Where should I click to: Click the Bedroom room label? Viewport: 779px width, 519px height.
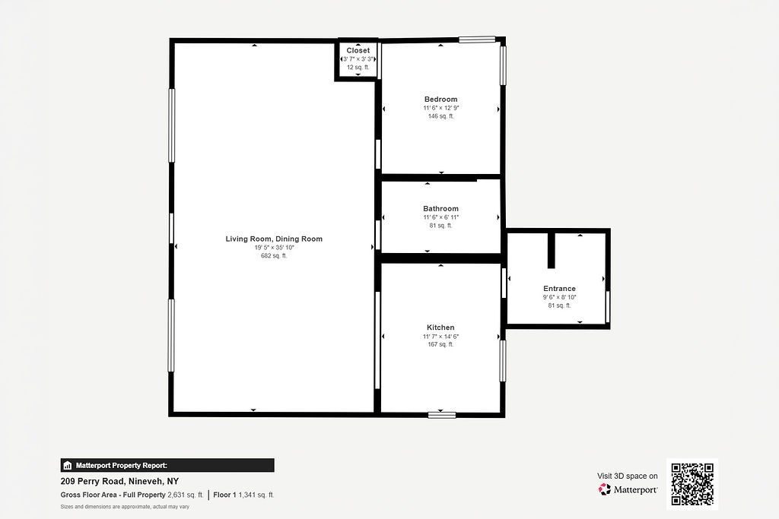440,100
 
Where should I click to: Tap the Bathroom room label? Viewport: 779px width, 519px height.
440,209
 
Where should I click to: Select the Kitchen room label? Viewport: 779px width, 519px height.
440,328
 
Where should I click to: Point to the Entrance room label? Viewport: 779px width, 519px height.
559,289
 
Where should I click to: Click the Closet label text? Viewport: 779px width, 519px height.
358,50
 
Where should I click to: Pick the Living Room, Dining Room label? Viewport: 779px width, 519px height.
274,239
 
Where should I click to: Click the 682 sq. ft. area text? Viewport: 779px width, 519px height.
274,256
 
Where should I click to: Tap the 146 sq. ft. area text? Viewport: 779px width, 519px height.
440,116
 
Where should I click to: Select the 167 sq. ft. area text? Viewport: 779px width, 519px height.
440,344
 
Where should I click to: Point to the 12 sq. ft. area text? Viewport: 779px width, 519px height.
358,68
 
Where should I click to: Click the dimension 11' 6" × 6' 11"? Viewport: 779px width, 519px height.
440,217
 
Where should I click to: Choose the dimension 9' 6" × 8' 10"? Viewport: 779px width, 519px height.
559,297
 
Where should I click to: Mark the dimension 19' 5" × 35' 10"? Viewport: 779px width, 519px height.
274,248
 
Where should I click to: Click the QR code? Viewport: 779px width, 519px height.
692,483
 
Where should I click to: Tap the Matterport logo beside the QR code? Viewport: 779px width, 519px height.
628,490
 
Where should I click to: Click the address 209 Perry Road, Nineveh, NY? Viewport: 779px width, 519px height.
119,481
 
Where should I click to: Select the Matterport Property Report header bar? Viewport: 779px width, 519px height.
167,465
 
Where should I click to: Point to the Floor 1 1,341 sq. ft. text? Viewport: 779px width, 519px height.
243,495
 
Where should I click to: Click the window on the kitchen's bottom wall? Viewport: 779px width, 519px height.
441,415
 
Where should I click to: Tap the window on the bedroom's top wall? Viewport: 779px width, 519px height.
477,40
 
